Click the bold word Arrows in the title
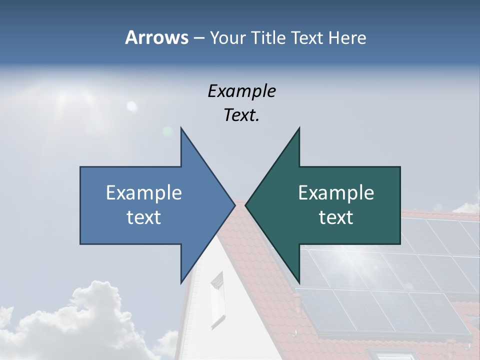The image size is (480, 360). pyautogui.click(x=156, y=37)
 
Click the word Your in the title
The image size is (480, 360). pyautogui.click(x=227, y=37)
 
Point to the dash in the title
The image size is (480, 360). pyautogui.click(x=198, y=38)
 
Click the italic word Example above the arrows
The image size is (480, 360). pyautogui.click(x=241, y=91)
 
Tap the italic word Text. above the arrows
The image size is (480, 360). pyautogui.click(x=241, y=115)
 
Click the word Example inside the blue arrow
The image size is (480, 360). pyautogui.click(x=144, y=192)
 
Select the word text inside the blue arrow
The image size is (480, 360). pyautogui.click(x=144, y=217)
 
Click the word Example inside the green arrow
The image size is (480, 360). pyautogui.click(x=336, y=192)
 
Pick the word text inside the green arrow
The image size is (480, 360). pyautogui.click(x=336, y=217)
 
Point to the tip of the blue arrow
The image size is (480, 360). pyautogui.click(x=234, y=205)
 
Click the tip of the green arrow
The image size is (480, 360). pyautogui.click(x=246, y=205)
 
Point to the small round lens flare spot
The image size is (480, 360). pyautogui.click(x=131, y=105)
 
